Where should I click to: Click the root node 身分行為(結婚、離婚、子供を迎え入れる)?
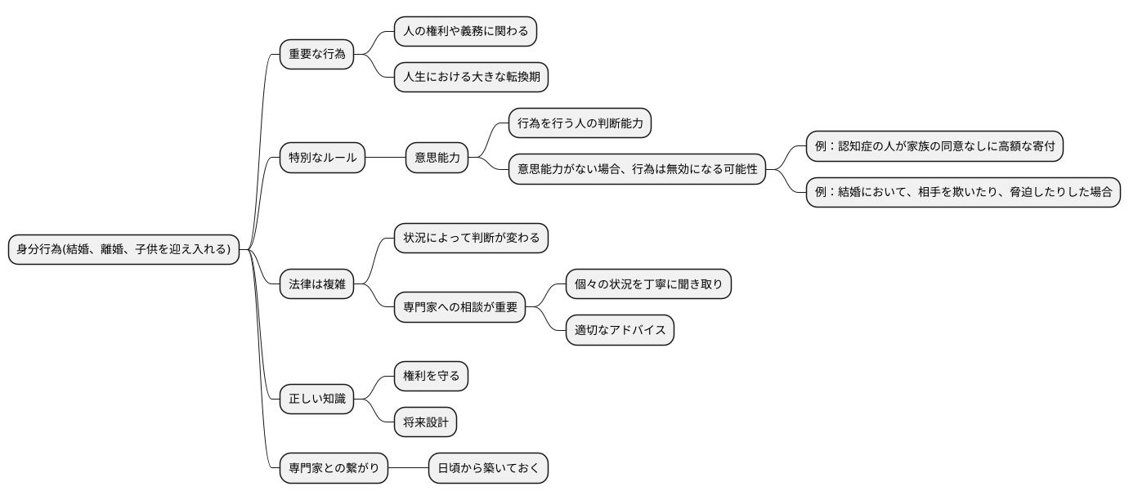[x=124, y=249]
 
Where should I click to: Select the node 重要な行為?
[x=316, y=55]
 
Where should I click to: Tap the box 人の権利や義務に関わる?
[x=465, y=32]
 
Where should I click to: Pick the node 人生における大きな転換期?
[x=471, y=78]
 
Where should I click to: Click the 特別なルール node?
[x=322, y=158]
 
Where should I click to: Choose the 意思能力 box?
[x=437, y=158]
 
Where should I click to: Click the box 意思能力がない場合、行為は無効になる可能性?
[x=637, y=169]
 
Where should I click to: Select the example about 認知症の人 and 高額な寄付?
[x=934, y=146]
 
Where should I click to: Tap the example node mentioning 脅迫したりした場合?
[x=962, y=192]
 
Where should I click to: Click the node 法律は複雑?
[x=316, y=283]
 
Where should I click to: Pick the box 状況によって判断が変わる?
[x=471, y=238]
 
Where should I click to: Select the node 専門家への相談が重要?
[x=459, y=307]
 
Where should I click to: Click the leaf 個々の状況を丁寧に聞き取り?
[x=648, y=283]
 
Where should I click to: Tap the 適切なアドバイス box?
[x=620, y=330]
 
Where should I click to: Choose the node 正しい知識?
[x=316, y=400]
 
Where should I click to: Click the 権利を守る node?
[x=431, y=376]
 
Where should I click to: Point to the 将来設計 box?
[x=425, y=422]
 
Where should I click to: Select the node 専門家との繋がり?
[x=334, y=469]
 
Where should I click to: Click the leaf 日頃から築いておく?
[x=488, y=469]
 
